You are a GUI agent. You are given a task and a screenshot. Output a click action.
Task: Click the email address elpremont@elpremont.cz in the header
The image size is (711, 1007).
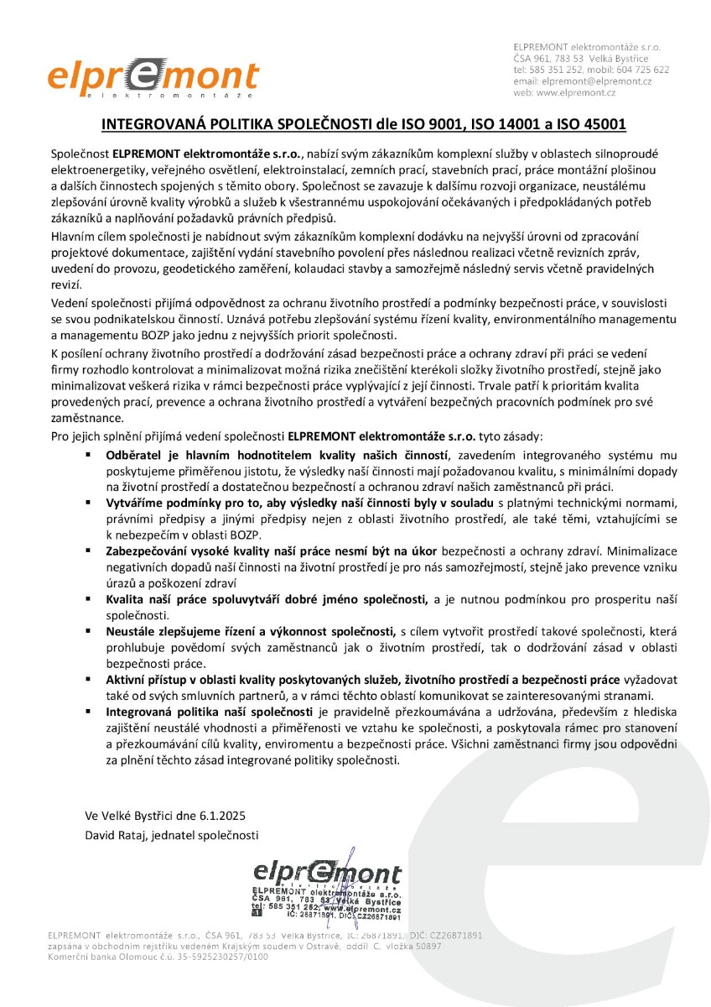click(596, 81)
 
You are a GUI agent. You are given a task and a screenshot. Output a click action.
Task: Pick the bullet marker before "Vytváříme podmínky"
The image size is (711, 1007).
click(87, 502)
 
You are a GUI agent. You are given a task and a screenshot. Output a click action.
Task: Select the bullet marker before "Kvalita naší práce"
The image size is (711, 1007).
click(87, 598)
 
